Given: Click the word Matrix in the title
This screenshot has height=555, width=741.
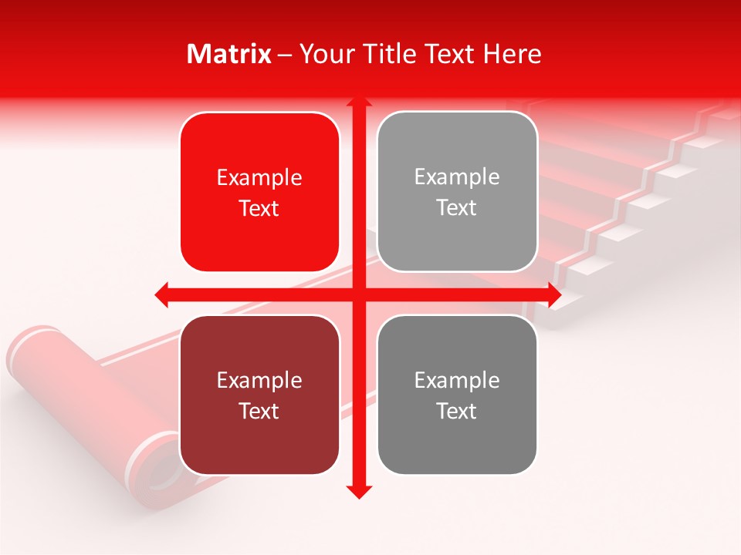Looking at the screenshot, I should pyautogui.click(x=229, y=54).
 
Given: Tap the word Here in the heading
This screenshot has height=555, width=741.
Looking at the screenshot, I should pyautogui.click(x=513, y=54).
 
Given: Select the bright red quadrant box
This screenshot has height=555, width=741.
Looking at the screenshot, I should pyautogui.click(x=259, y=192).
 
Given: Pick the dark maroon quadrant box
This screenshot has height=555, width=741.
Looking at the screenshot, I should pyautogui.click(x=259, y=395).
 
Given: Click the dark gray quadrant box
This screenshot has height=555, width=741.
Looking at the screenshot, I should pyautogui.click(x=457, y=395).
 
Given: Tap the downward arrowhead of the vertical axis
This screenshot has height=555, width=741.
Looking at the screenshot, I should pyautogui.click(x=358, y=492).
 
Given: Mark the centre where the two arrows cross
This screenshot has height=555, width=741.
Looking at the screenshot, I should pyautogui.click(x=358, y=294).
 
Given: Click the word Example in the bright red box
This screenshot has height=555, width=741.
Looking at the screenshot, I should pyautogui.click(x=259, y=178).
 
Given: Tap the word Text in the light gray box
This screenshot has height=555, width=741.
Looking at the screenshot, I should pyautogui.click(x=457, y=208).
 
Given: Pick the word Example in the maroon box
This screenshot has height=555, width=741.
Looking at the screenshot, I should pyautogui.click(x=259, y=381).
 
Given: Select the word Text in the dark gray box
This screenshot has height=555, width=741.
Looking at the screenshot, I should pyautogui.click(x=457, y=412).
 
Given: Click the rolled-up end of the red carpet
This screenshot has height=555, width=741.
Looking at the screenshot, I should pyautogui.click(x=46, y=362).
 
